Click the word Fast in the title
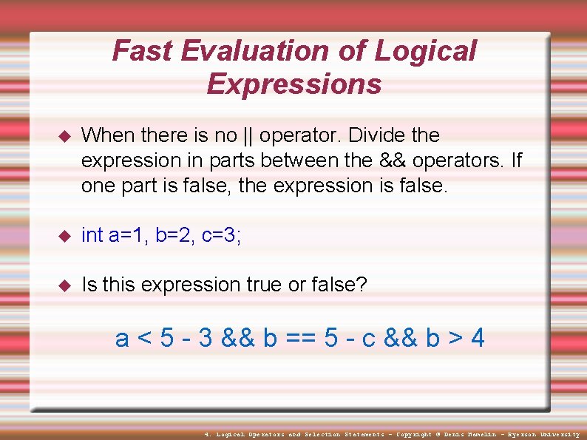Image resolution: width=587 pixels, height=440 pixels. point(142,51)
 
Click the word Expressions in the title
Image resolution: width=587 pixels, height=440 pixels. point(294,84)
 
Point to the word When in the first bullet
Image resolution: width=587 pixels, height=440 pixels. point(109,135)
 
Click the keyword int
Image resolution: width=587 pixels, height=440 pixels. point(92,235)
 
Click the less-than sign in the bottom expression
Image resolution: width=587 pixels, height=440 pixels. point(145,339)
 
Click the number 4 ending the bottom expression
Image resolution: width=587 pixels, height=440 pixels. point(478,338)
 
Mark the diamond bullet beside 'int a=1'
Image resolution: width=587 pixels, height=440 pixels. point(63,236)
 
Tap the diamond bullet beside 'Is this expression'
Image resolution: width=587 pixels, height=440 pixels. point(63,285)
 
